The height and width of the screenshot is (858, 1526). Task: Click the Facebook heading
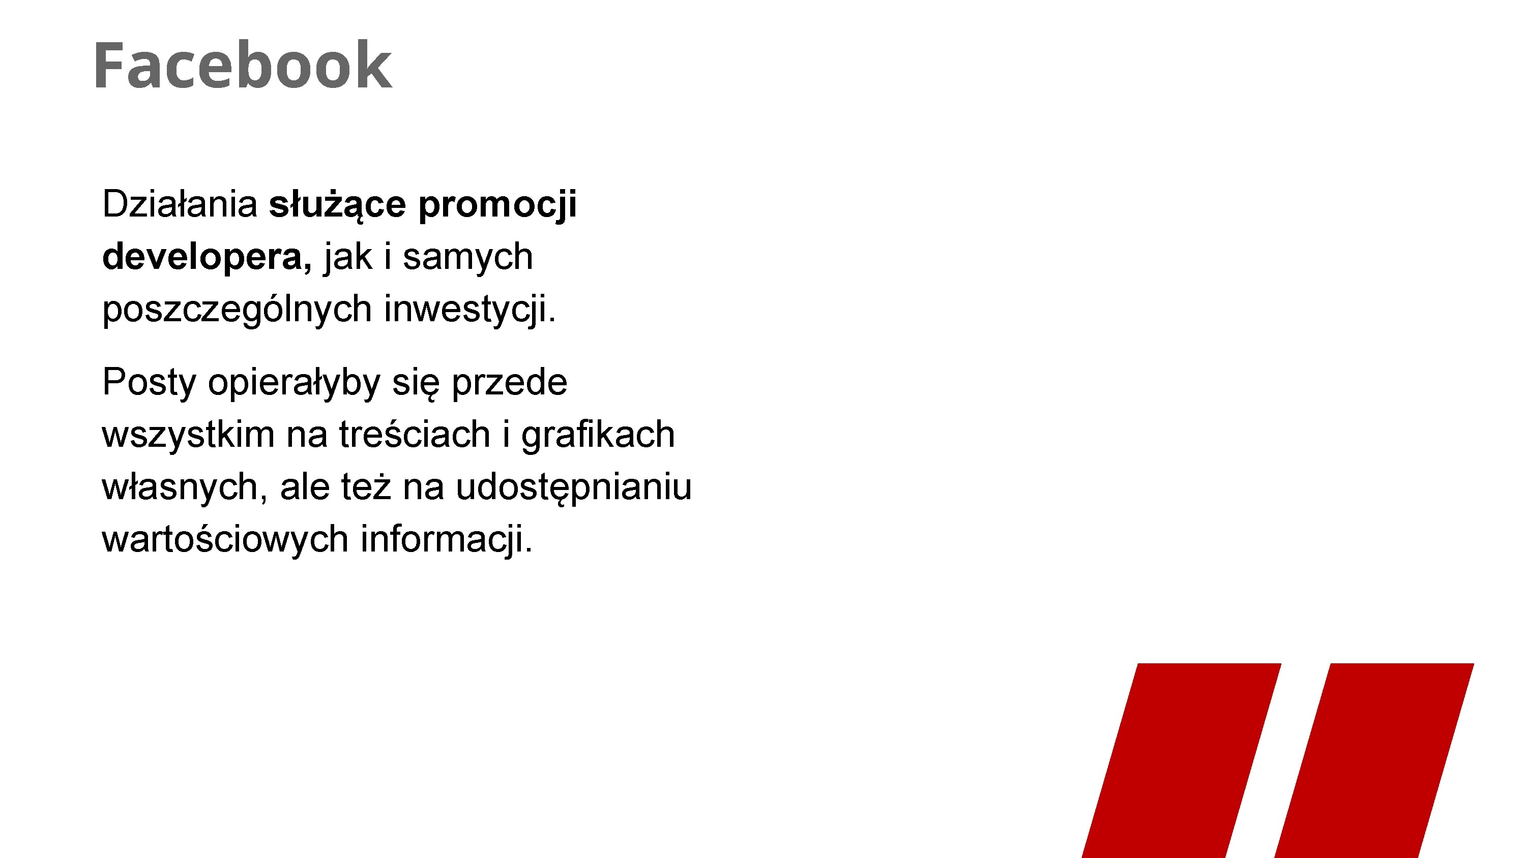click(242, 65)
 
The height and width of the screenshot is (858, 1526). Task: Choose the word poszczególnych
click(237, 310)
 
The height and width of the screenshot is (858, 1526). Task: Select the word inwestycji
click(471, 310)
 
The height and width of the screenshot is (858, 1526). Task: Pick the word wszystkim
click(188, 434)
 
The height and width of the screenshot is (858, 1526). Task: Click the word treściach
click(415, 434)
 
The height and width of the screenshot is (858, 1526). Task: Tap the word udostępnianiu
click(573, 488)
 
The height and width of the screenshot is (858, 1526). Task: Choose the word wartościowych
click(225, 540)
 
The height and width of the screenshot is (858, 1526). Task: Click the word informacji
click(447, 540)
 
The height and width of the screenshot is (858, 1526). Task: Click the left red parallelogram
click(1182, 760)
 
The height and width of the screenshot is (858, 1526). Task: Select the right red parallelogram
click(1374, 760)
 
